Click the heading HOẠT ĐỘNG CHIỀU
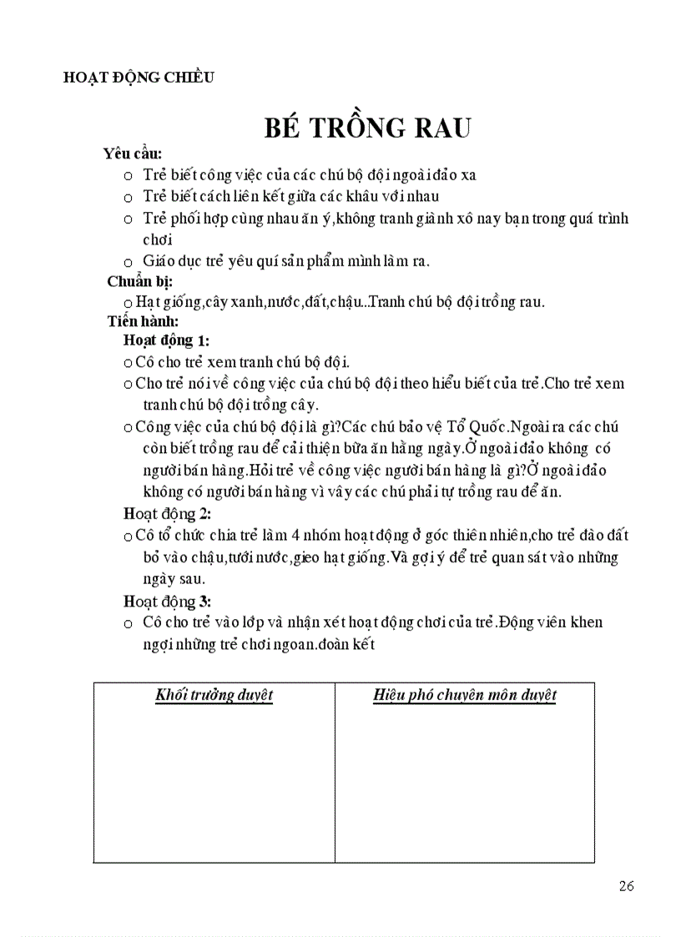click(x=139, y=78)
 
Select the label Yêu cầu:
click(x=132, y=154)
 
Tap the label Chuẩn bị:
click(x=139, y=281)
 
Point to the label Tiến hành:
click(x=143, y=320)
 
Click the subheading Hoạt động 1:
click(x=166, y=340)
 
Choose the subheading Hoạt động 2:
click(x=167, y=514)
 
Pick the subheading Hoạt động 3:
click(x=167, y=602)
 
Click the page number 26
click(x=627, y=886)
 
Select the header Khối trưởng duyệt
click(x=214, y=696)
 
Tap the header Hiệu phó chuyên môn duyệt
click(x=465, y=696)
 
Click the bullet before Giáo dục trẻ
click(x=127, y=261)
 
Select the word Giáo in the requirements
click(x=159, y=261)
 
